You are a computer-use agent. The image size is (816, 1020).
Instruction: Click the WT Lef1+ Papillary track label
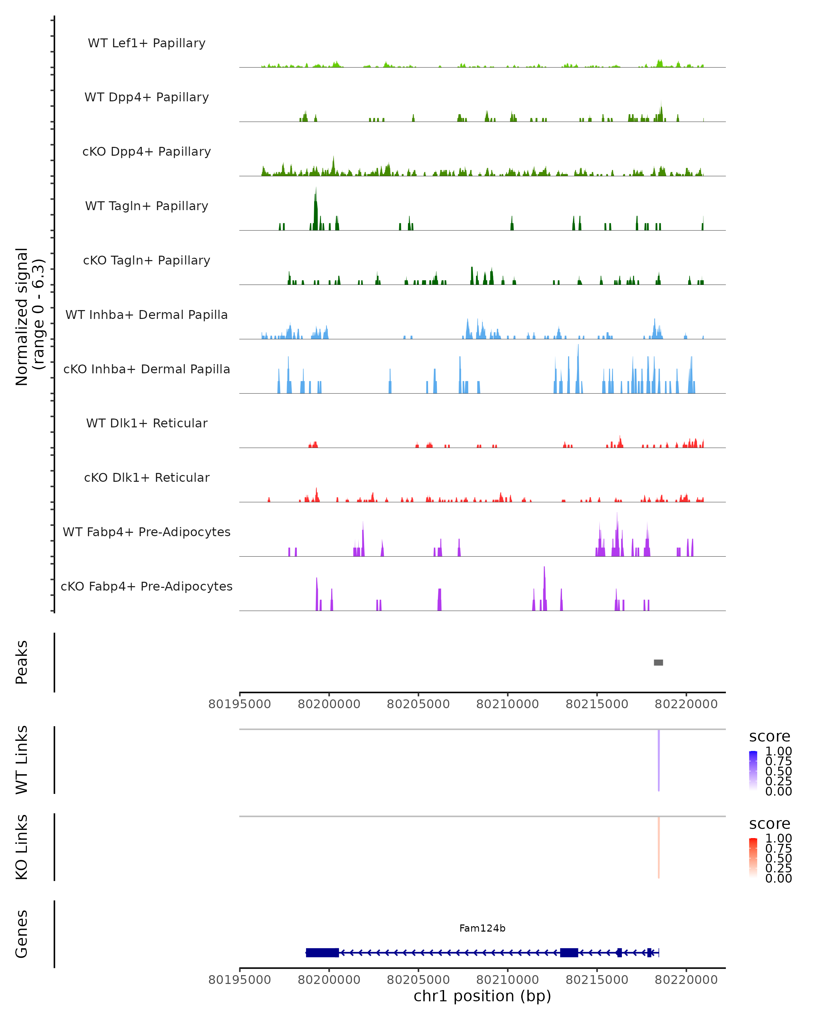[x=147, y=43]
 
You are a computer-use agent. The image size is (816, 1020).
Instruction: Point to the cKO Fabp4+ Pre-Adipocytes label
[x=147, y=586]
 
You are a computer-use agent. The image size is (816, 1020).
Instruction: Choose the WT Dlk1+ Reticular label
[x=147, y=423]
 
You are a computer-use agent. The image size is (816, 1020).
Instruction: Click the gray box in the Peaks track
[x=658, y=662]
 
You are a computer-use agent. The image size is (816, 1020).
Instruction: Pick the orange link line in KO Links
[x=659, y=847]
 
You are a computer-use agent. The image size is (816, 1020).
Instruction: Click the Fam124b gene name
[x=482, y=928]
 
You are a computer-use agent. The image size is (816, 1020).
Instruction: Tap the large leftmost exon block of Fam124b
[x=322, y=952]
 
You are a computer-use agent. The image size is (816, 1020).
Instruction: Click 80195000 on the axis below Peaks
[x=239, y=704]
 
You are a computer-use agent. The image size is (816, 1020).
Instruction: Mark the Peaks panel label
[x=22, y=662]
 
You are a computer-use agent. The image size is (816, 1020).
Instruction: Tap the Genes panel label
[x=22, y=934]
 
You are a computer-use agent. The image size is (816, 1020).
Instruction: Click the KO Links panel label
[x=22, y=847]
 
